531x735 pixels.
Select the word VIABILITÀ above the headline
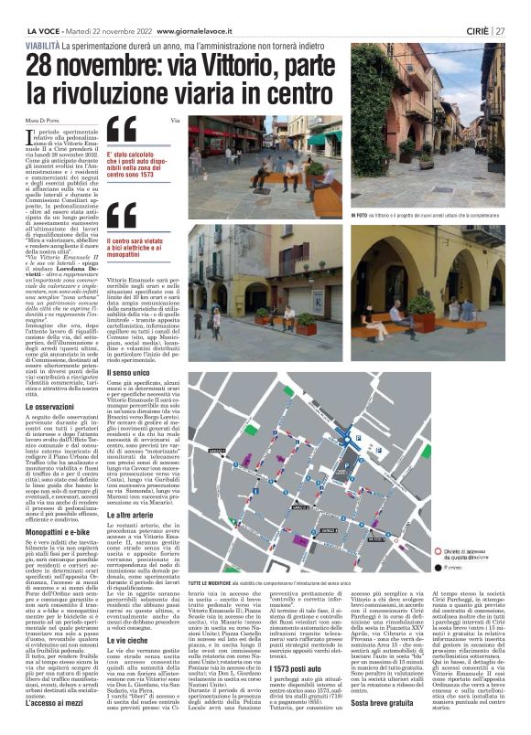(44, 44)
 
